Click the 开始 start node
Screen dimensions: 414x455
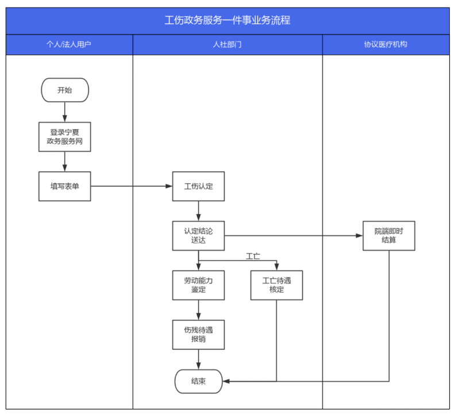coord(65,90)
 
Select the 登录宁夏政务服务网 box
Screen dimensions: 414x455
coord(65,137)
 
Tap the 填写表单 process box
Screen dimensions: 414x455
coord(65,186)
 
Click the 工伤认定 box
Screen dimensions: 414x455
coord(198,186)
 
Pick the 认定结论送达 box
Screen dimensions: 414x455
coord(198,235)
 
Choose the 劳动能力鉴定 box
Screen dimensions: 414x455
coord(198,285)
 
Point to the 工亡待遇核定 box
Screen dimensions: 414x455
coord(276,285)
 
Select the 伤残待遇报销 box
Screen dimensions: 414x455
coord(198,335)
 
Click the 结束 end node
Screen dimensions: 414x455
coord(198,381)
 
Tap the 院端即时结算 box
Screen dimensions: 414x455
coord(389,235)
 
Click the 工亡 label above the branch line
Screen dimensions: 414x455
coord(253,256)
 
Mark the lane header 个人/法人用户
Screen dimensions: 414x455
coord(69,44)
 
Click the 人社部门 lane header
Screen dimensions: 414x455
coord(227,44)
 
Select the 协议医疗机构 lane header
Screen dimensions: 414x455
coord(385,44)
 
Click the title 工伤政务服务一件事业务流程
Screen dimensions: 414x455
coord(227,20)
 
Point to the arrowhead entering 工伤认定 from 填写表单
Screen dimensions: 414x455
coord(169,186)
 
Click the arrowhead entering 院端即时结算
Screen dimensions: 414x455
coord(359,235)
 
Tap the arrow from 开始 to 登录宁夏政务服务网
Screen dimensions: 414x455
coord(65,112)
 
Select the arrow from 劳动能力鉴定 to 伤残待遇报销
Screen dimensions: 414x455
coord(198,310)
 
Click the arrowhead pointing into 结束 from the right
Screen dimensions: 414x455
coord(226,381)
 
